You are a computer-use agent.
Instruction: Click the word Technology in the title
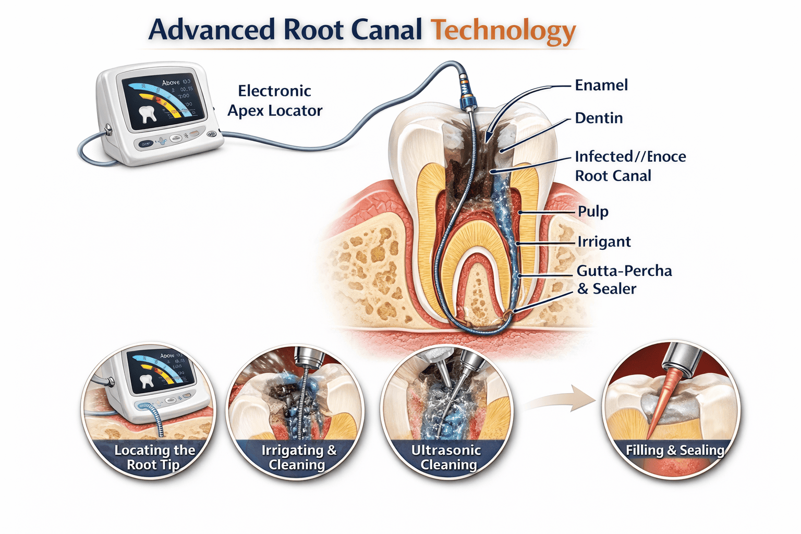[x=503, y=30]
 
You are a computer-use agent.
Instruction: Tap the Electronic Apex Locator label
[x=275, y=101]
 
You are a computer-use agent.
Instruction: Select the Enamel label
[x=601, y=86]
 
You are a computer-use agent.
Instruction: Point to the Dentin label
[x=599, y=118]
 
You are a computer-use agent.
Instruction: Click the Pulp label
[x=593, y=212]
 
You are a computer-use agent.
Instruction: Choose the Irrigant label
[x=604, y=242]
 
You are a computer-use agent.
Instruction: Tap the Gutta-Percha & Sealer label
[x=624, y=280]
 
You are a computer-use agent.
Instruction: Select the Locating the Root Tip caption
[x=154, y=457]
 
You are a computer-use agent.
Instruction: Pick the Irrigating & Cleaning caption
[x=299, y=457]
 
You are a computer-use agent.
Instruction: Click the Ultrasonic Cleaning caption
[x=447, y=457]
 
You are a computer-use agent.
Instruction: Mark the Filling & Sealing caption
[x=675, y=450]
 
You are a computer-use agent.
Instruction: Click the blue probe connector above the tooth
[x=467, y=94]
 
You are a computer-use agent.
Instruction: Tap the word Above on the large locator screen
[x=171, y=82]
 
